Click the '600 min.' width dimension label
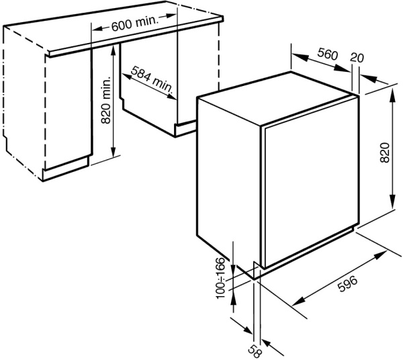coord(134,25)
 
